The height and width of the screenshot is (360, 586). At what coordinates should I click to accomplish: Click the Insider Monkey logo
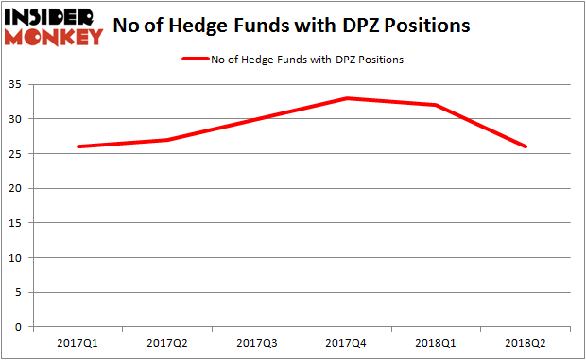[x=54, y=26]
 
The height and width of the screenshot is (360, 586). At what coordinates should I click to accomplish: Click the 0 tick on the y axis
[x=20, y=327]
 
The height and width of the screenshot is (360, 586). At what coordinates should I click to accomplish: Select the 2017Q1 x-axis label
[x=78, y=344]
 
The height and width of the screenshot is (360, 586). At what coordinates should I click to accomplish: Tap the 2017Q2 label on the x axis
[x=167, y=344]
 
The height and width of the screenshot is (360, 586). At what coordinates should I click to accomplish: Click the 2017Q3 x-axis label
[x=257, y=344]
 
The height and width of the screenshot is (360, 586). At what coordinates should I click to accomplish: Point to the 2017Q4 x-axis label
[x=347, y=344]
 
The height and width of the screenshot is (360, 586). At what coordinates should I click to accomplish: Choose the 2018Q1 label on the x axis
[x=437, y=344]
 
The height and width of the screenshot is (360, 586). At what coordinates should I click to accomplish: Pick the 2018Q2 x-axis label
[x=526, y=344]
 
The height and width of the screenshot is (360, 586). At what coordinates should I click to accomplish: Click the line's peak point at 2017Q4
[x=347, y=98]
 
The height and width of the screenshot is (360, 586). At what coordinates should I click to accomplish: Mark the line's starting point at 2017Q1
[x=78, y=146]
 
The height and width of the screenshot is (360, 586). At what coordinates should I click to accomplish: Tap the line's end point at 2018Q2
[x=526, y=146]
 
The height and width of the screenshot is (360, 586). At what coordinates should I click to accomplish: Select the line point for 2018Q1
[x=437, y=105]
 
